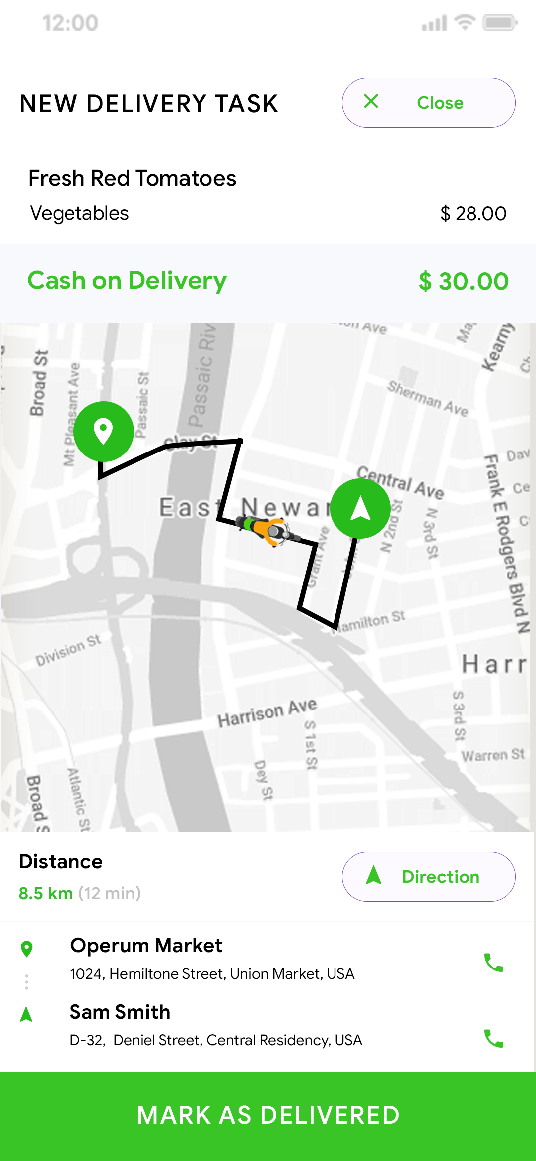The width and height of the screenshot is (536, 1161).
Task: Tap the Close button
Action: (x=428, y=103)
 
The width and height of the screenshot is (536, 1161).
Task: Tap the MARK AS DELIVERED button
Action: (x=268, y=1115)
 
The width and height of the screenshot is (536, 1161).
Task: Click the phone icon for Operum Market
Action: (x=493, y=963)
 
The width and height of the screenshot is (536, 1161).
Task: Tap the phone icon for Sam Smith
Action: (x=493, y=1038)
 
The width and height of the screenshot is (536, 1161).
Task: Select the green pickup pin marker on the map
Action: (x=103, y=431)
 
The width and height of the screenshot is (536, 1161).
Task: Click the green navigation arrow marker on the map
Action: (x=360, y=509)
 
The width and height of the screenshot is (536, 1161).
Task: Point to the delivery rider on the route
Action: (x=267, y=530)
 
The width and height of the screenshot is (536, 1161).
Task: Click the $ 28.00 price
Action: (x=473, y=214)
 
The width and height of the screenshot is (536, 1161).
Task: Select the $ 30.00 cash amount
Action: (x=464, y=281)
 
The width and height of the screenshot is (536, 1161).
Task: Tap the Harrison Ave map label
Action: (x=267, y=712)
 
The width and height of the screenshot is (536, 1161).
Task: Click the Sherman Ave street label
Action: (x=427, y=398)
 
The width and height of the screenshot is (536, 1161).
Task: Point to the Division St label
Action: (x=68, y=650)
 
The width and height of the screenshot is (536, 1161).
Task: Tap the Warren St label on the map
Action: (x=492, y=755)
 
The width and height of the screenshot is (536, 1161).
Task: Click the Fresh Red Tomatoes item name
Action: (x=132, y=178)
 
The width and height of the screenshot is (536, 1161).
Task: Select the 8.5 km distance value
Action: (x=46, y=893)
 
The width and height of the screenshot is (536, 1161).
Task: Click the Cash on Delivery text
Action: (x=127, y=281)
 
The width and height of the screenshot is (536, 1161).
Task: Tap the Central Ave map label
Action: (x=400, y=482)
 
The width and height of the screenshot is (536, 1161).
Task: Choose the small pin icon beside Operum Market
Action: (x=27, y=949)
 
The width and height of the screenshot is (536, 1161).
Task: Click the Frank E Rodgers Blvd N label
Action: (x=506, y=543)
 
